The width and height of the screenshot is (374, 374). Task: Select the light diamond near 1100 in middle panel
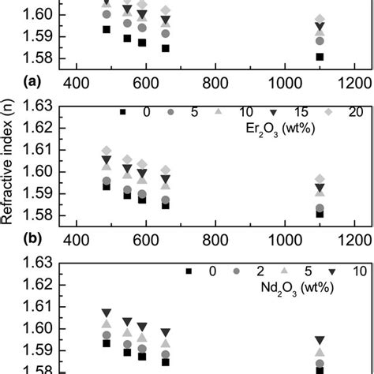[x=320, y=179]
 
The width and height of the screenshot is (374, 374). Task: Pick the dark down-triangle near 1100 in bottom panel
[x=320, y=340]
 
